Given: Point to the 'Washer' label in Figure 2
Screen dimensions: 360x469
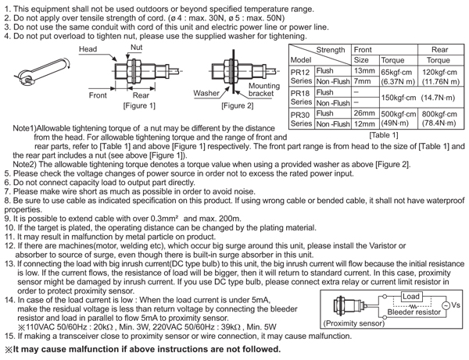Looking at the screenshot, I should point(207,93).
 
